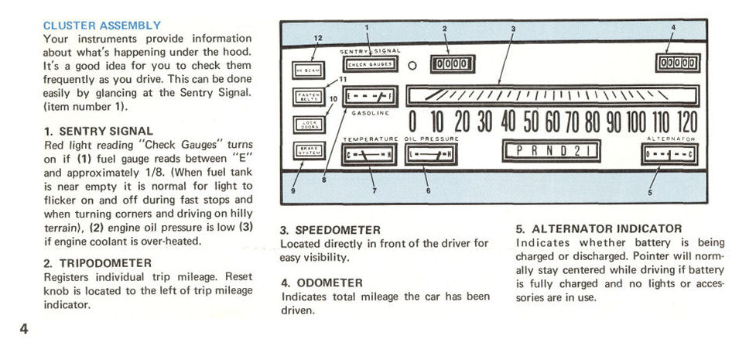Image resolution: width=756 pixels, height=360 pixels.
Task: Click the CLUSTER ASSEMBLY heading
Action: coord(102,26)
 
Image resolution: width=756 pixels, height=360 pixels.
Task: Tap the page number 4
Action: coord(24,328)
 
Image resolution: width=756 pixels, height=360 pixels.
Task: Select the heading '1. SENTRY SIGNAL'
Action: coord(98,131)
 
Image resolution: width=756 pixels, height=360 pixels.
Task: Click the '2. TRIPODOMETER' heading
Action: coord(97,263)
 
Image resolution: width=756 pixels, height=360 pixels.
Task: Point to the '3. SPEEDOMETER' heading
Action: coord(330,230)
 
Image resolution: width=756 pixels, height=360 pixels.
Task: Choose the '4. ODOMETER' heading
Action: coord(322,283)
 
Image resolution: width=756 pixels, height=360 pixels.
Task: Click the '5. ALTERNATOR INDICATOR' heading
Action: coord(599,229)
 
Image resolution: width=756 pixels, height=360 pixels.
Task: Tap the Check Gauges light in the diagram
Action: coord(369,66)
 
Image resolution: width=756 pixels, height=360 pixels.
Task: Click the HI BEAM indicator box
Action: coord(308,70)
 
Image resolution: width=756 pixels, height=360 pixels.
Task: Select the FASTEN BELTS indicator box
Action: coord(308,98)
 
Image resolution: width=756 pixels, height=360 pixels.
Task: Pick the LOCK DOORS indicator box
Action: coord(308,124)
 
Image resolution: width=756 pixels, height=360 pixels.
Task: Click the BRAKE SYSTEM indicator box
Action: coord(308,151)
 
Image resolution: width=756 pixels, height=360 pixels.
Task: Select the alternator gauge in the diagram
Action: coord(671,154)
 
